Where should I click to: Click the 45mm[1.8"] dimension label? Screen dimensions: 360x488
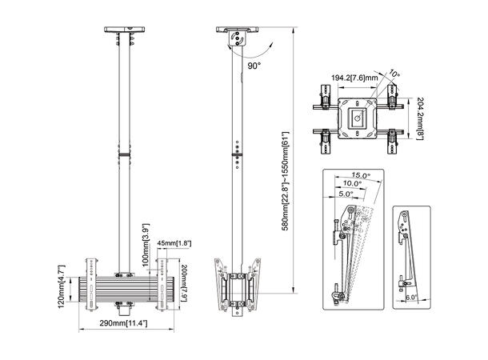click(174, 243)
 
